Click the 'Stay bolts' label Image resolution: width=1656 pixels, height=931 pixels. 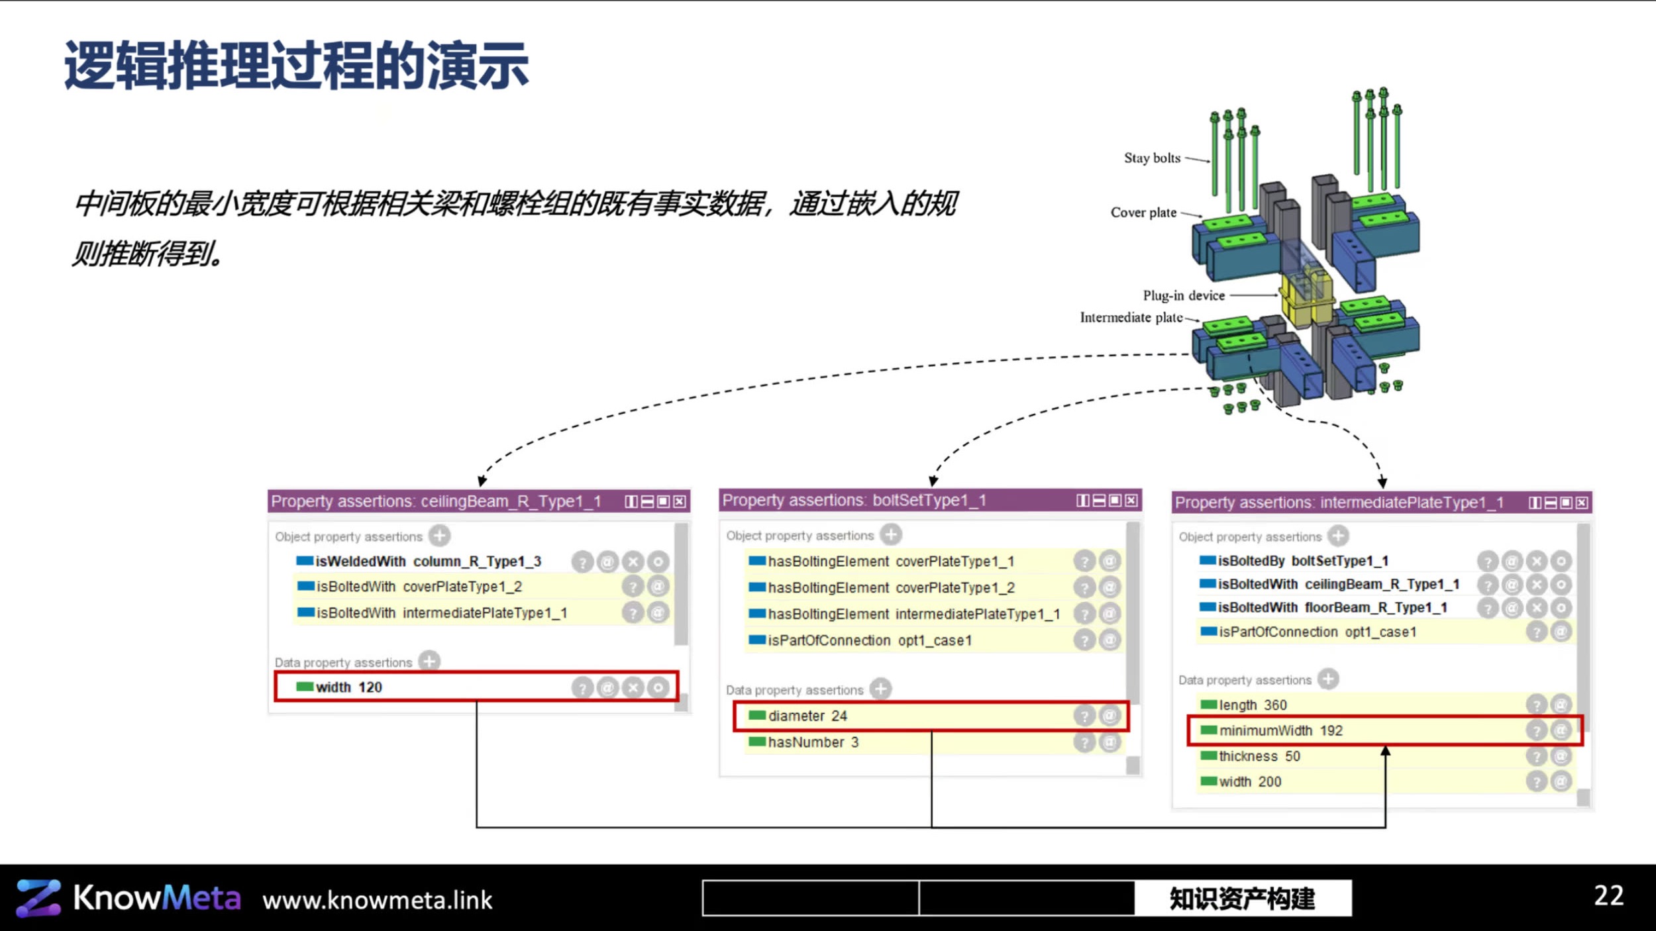click(1152, 158)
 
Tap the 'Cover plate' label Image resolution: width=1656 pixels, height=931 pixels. click(1143, 213)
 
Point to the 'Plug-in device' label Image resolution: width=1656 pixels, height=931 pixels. click(1184, 295)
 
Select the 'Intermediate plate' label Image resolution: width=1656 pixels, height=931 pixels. click(1131, 318)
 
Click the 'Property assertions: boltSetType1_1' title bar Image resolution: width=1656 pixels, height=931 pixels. click(930, 501)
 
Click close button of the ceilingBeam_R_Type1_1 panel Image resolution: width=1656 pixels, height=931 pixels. click(680, 502)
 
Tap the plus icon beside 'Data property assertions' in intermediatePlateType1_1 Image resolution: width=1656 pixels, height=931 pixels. click(1328, 679)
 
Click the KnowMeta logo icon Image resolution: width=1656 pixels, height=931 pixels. click(38, 898)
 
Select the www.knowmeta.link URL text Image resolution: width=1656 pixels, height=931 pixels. click(378, 901)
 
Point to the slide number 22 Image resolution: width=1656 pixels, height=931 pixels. click(1609, 896)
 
